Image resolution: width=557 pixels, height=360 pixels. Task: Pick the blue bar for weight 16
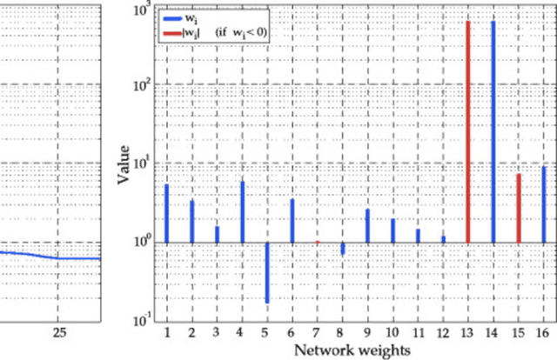coord(544,204)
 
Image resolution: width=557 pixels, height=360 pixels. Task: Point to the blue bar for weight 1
coord(166,213)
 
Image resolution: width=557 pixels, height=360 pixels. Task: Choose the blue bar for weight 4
coord(242,211)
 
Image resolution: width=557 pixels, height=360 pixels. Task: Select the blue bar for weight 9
coord(343,225)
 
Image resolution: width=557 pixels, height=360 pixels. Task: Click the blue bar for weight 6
coord(292,220)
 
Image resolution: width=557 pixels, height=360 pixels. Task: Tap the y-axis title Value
coord(125,165)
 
